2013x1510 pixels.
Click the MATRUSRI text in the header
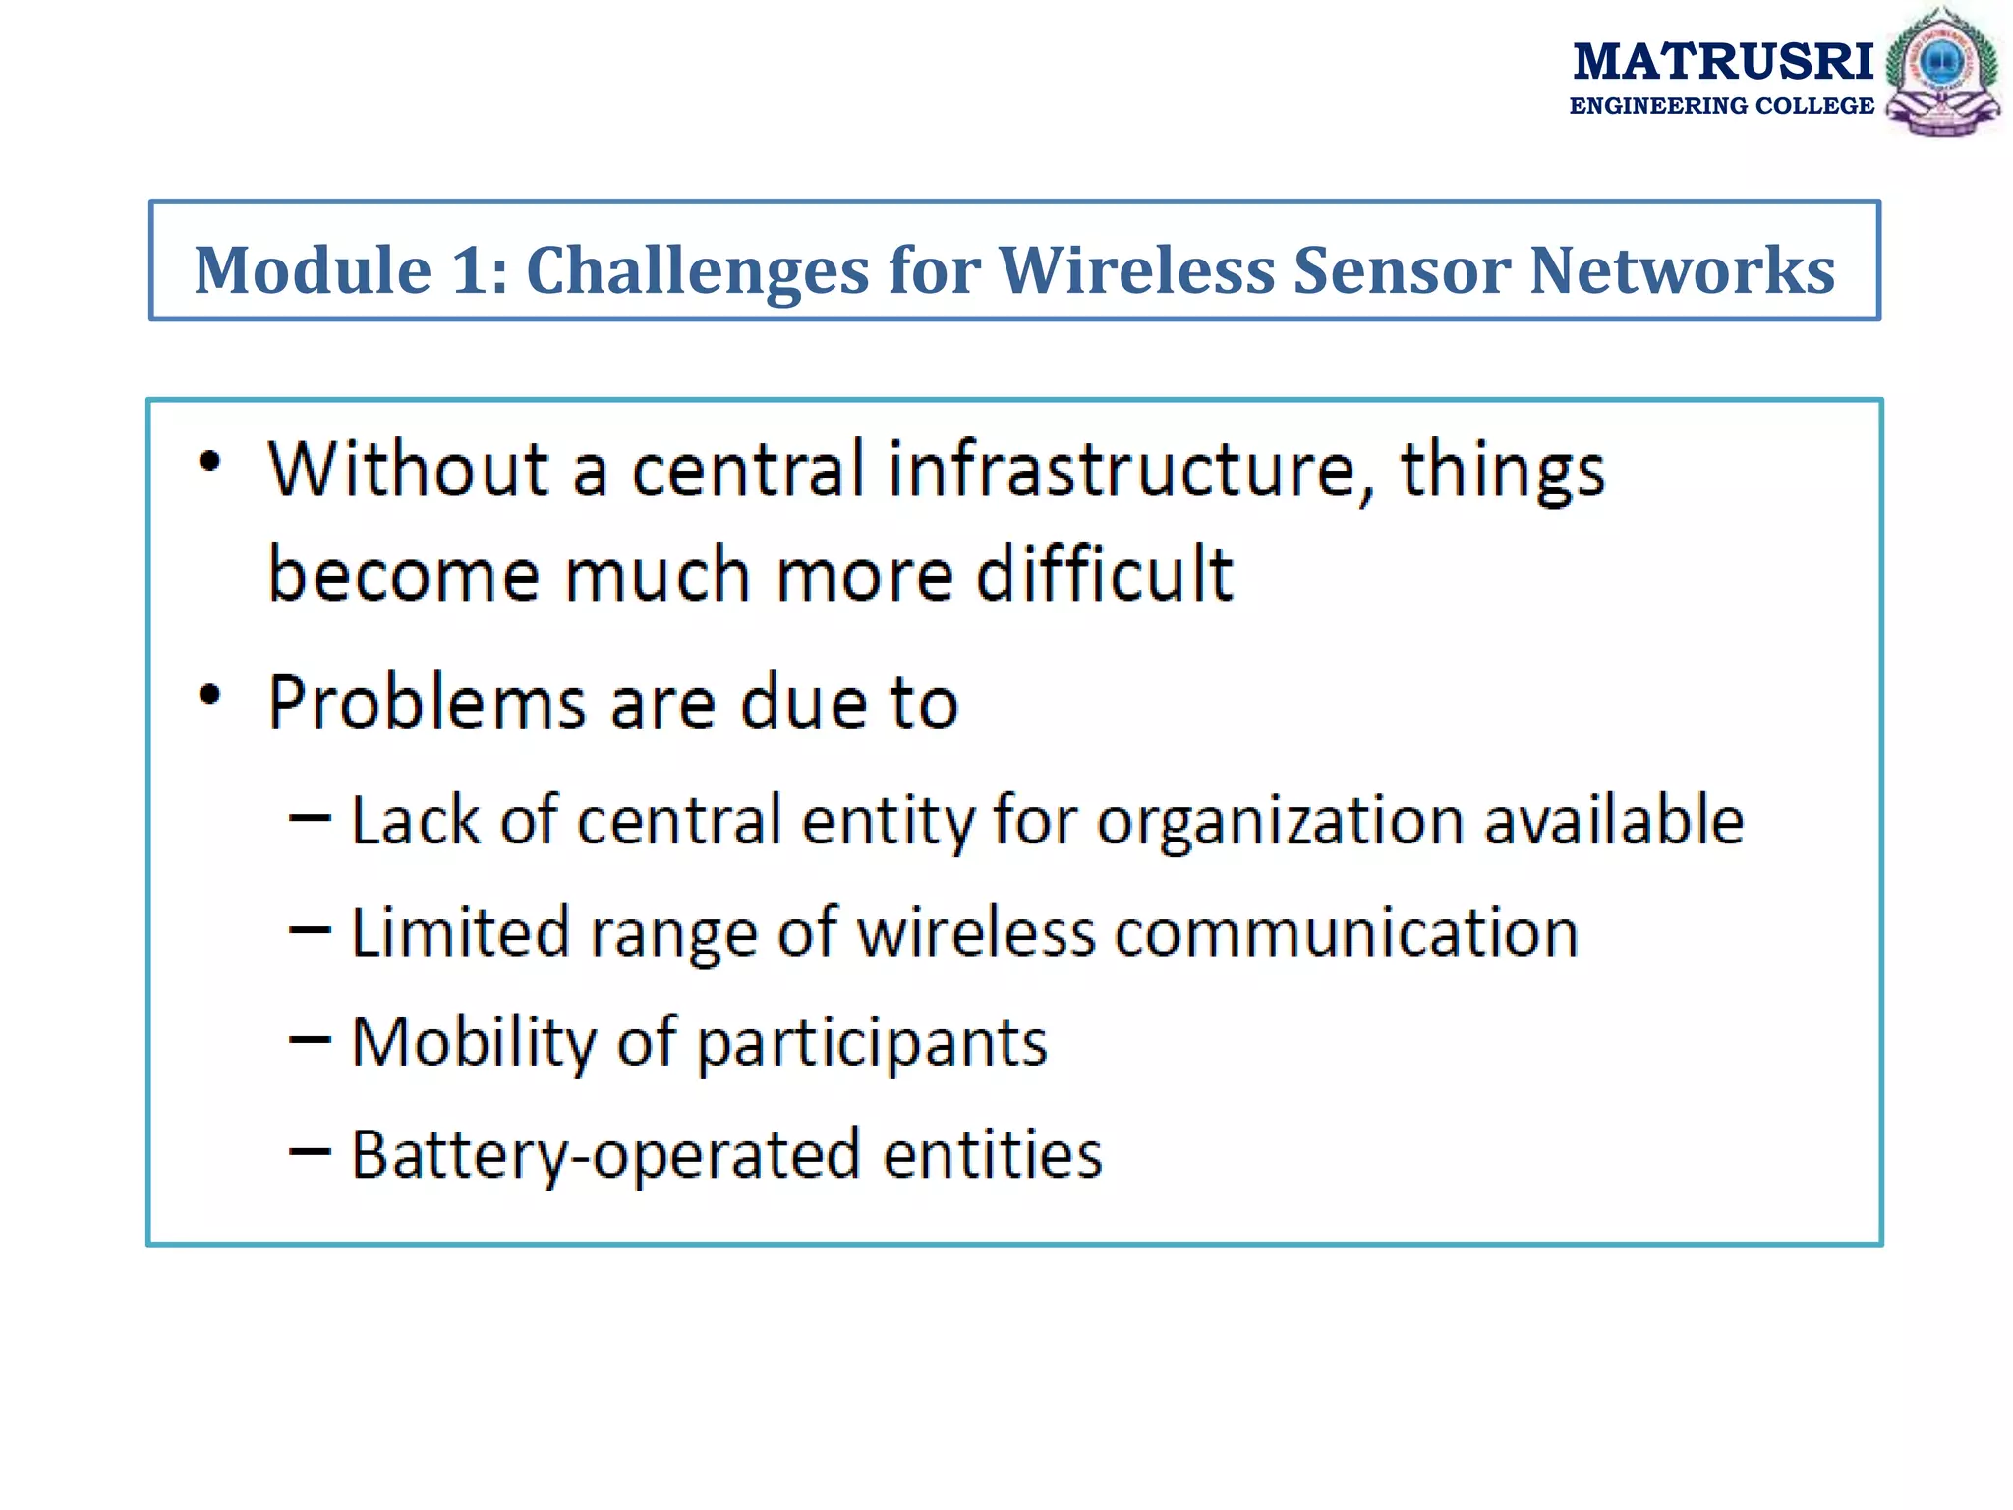pyautogui.click(x=1722, y=62)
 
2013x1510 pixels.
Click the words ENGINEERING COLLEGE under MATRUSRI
pyautogui.click(x=1721, y=106)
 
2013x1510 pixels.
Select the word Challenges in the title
pyautogui.click(x=698, y=270)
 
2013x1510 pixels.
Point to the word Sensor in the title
pyautogui.click(x=1402, y=270)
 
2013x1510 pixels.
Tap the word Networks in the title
pyautogui.click(x=1682, y=270)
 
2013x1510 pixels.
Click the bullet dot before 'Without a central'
pyautogui.click(x=209, y=462)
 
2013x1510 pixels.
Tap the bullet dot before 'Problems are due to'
pyautogui.click(x=209, y=696)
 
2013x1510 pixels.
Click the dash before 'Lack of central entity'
pyautogui.click(x=310, y=818)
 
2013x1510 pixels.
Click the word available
pyautogui.click(x=1613, y=820)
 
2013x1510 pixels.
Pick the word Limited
pyautogui.click(x=460, y=932)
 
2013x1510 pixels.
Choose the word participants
pyautogui.click(x=872, y=1044)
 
